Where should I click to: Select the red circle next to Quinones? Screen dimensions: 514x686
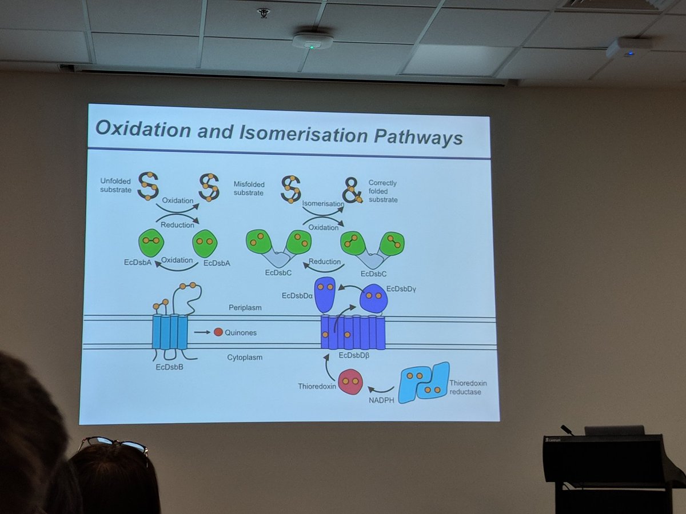click(x=218, y=332)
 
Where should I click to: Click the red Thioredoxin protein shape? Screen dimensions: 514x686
click(x=350, y=382)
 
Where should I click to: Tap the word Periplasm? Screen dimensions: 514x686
click(x=245, y=308)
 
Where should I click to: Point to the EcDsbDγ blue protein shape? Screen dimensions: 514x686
click(x=374, y=298)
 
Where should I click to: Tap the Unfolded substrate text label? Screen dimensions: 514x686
click(x=117, y=185)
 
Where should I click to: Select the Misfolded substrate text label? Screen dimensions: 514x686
click(x=249, y=188)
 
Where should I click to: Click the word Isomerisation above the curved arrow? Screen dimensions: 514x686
click(x=323, y=203)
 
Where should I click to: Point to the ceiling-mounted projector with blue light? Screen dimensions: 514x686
click(x=629, y=48)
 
